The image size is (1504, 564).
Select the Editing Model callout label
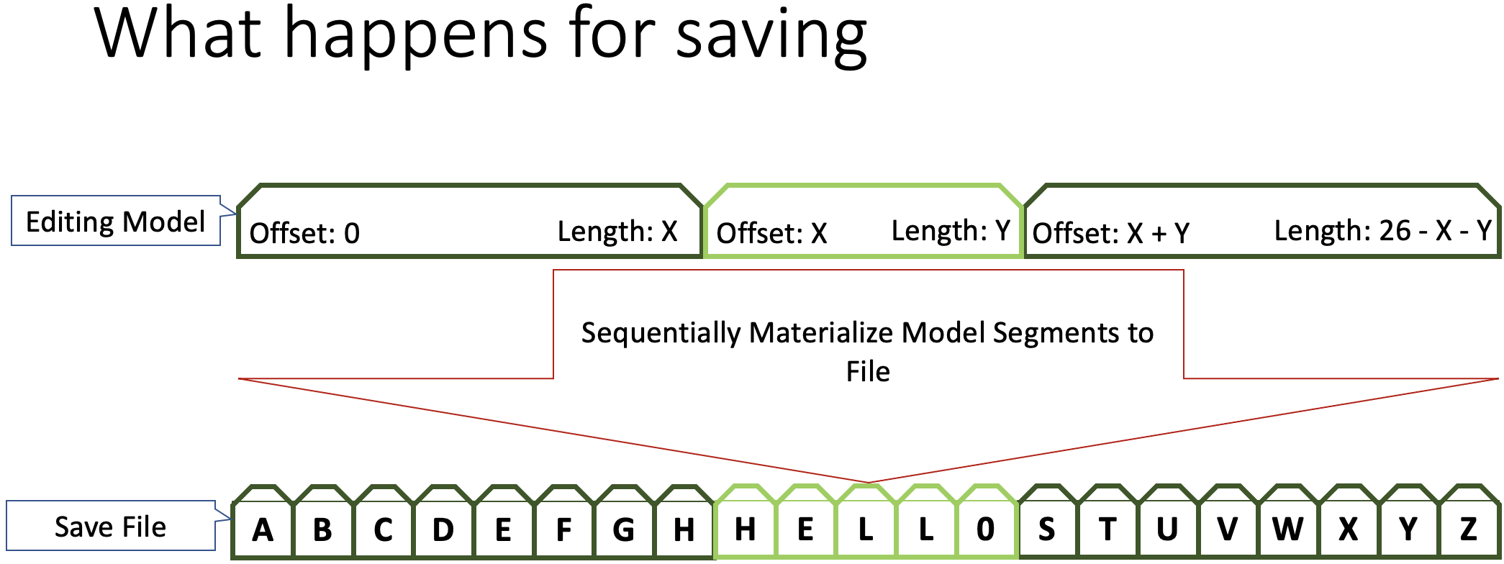coord(116,221)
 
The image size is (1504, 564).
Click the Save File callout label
coord(111,526)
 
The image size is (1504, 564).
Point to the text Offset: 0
coord(304,233)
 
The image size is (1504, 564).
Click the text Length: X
coord(617,231)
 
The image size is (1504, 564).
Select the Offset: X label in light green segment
coord(771,233)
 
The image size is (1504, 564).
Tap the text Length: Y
coord(951,230)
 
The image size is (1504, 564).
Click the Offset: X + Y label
coord(1111,233)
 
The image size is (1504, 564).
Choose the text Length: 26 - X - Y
coord(1382,230)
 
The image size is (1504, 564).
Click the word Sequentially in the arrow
coord(661,334)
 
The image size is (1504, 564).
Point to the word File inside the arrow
coord(868,372)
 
